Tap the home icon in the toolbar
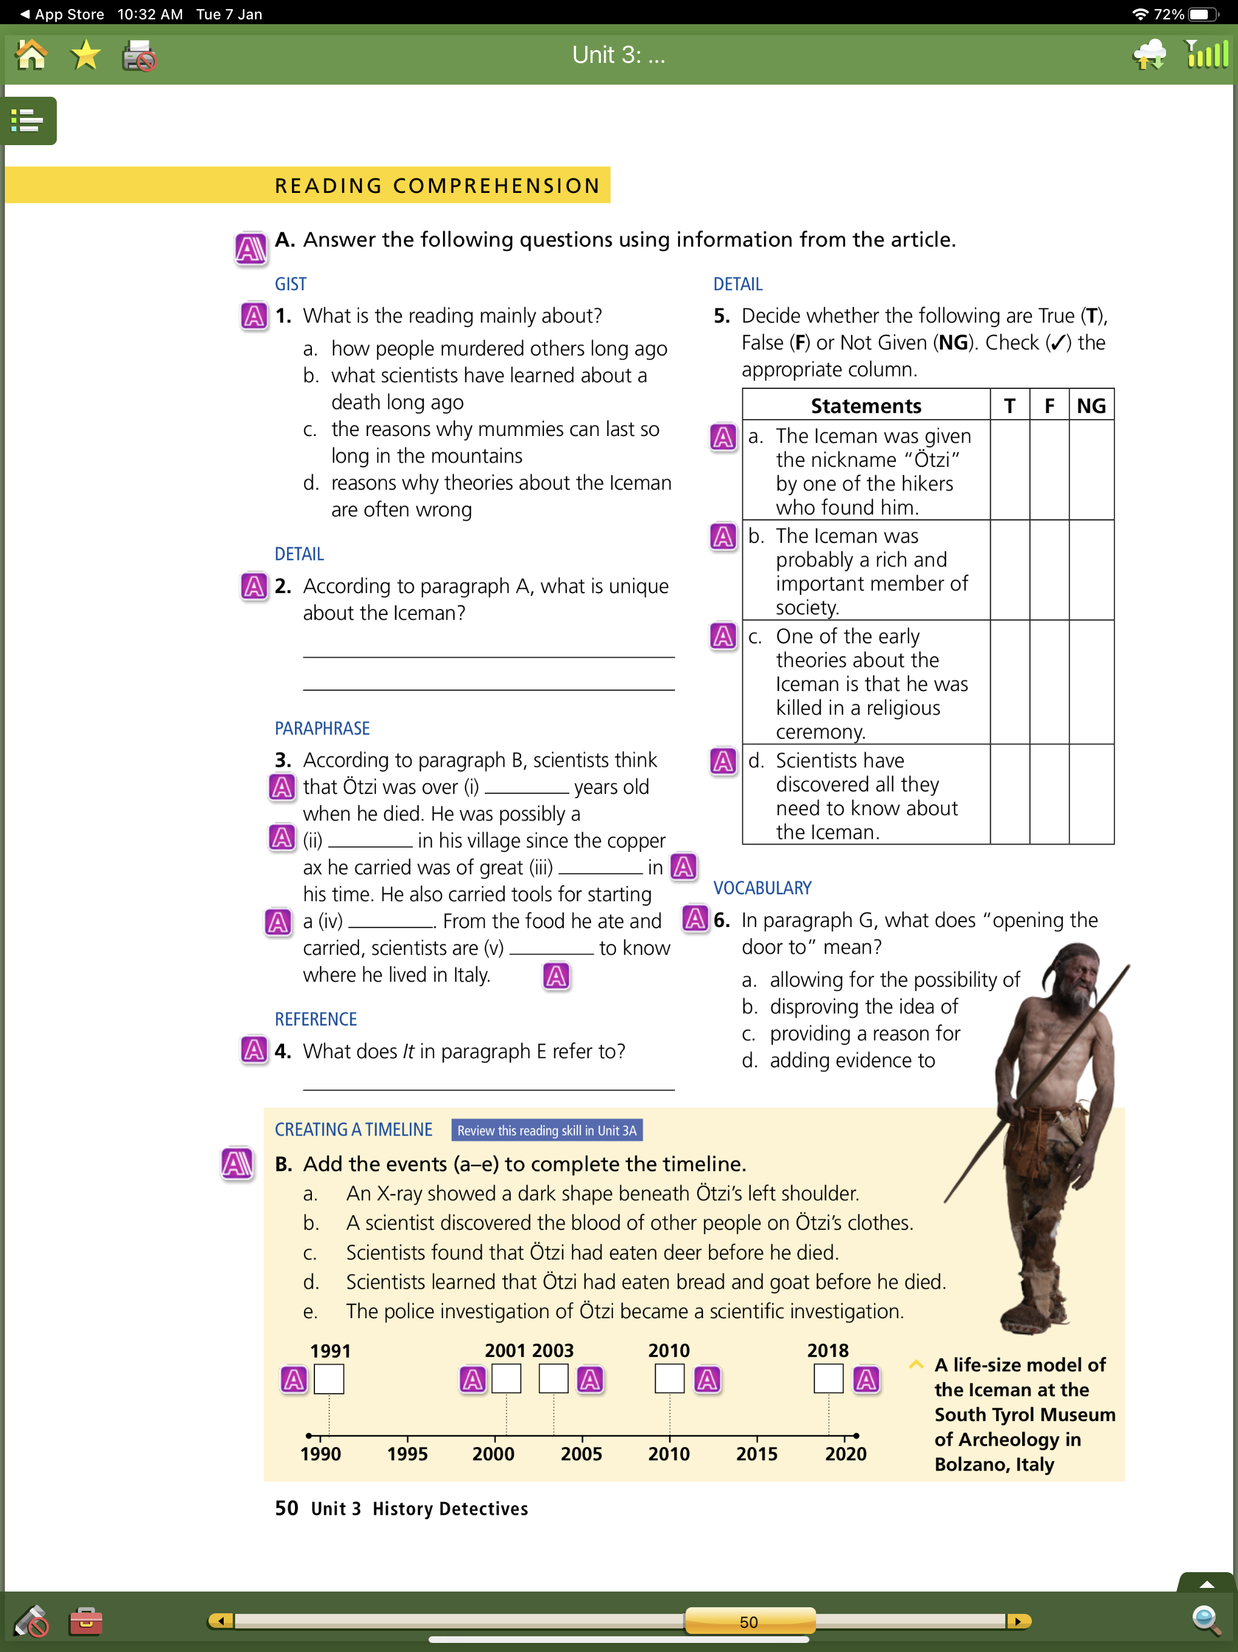point(31,55)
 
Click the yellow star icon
point(85,55)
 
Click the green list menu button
point(28,120)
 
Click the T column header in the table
point(1009,406)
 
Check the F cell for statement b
point(1048,570)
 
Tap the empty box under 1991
point(328,1379)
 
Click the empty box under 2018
point(828,1379)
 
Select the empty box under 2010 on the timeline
point(669,1379)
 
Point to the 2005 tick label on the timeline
point(581,1453)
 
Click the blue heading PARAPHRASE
point(322,728)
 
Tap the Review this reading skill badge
point(546,1130)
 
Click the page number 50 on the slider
point(749,1621)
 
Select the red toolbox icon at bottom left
point(86,1621)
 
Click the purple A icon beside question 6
point(695,919)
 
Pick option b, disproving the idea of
point(863,1007)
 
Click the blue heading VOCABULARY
point(762,888)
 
